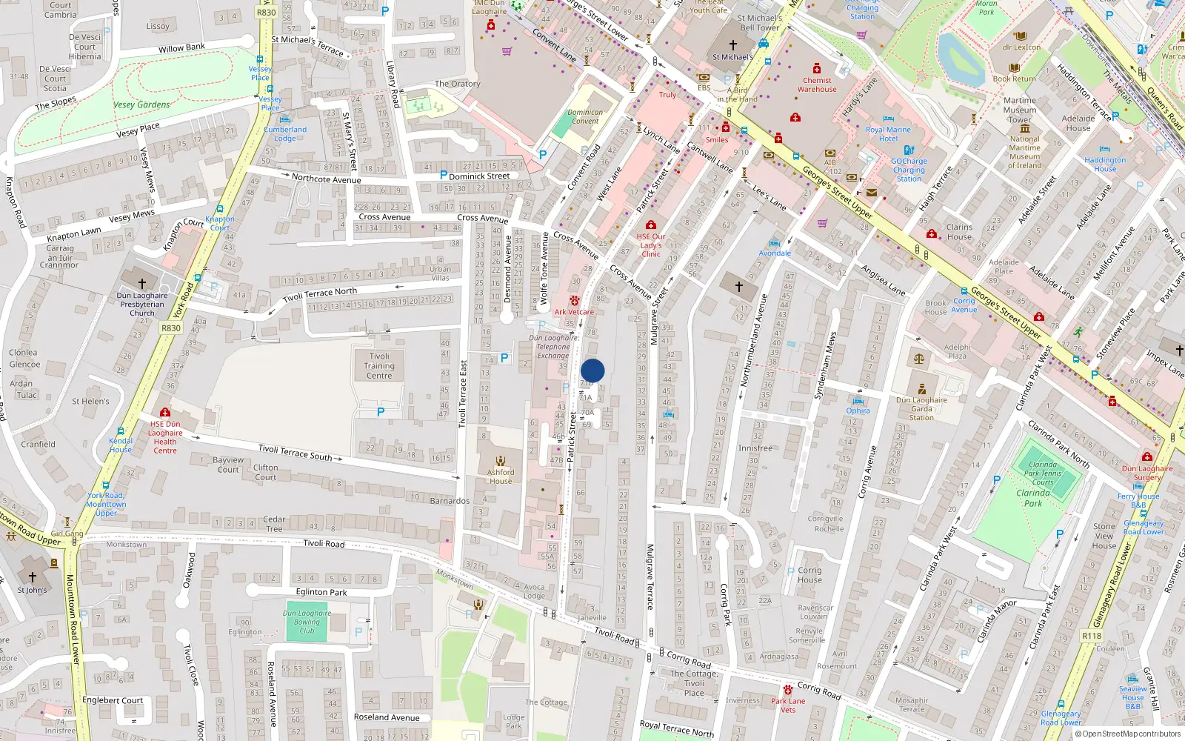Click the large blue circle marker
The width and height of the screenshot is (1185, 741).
(x=592, y=370)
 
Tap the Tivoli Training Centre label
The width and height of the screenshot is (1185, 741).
(x=379, y=366)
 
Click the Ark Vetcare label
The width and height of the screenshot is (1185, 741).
(x=574, y=312)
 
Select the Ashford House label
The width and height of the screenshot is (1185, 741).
(x=501, y=476)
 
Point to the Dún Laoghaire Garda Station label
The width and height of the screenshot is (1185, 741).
(x=921, y=408)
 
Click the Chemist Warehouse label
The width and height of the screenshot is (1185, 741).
(x=817, y=84)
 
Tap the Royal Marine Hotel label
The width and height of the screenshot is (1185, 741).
(x=888, y=134)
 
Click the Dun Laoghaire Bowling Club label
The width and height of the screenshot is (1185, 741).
(x=307, y=622)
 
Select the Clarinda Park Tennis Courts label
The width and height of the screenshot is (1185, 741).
(x=1043, y=473)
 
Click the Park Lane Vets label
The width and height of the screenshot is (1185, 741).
(x=788, y=705)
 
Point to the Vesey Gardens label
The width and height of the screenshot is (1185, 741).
(x=141, y=104)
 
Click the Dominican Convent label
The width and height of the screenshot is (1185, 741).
(x=585, y=117)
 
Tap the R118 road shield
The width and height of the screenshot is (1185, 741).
(x=1092, y=636)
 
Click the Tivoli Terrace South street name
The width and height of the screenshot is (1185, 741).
(x=295, y=452)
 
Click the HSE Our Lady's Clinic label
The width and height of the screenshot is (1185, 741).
(x=651, y=245)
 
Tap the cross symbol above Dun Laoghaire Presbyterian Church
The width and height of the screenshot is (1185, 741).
(x=142, y=283)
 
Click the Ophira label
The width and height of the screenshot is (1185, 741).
(x=858, y=411)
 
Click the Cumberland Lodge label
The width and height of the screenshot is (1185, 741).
(x=285, y=134)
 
